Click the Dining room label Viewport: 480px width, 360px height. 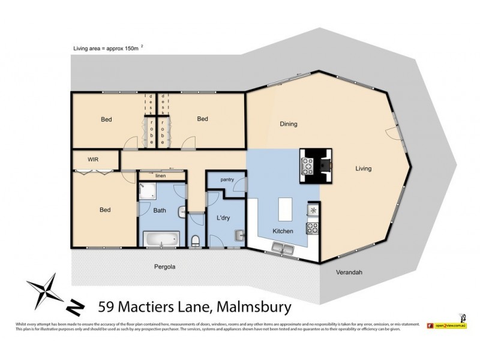[x=289, y=124]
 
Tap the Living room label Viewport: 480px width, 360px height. [x=362, y=169]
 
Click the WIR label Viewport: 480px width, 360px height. [x=92, y=160]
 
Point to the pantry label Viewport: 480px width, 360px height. [x=227, y=179]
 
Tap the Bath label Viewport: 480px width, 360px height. [x=160, y=210]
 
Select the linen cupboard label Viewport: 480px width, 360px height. [x=160, y=176]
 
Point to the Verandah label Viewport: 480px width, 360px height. [x=349, y=272]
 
